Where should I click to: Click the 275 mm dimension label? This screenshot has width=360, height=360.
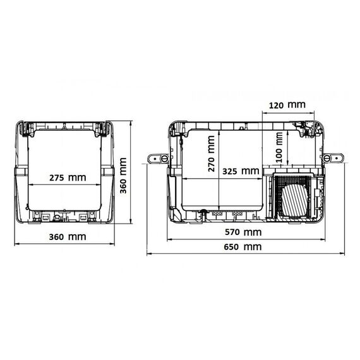coord(68,177)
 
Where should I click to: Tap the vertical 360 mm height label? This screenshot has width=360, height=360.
coord(123,176)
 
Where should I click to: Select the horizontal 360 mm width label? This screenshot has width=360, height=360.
coord(68,237)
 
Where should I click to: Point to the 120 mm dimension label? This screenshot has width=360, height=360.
coord(287,105)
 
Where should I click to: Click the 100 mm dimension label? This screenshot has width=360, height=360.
coord(279,148)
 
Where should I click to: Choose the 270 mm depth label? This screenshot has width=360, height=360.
coord(211,153)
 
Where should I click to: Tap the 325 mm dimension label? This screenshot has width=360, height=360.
coord(241,171)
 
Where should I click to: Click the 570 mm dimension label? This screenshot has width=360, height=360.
coord(243,232)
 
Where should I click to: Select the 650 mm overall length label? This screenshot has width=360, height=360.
coord(243,247)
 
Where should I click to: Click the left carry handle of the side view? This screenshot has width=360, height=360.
coord(158,159)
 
